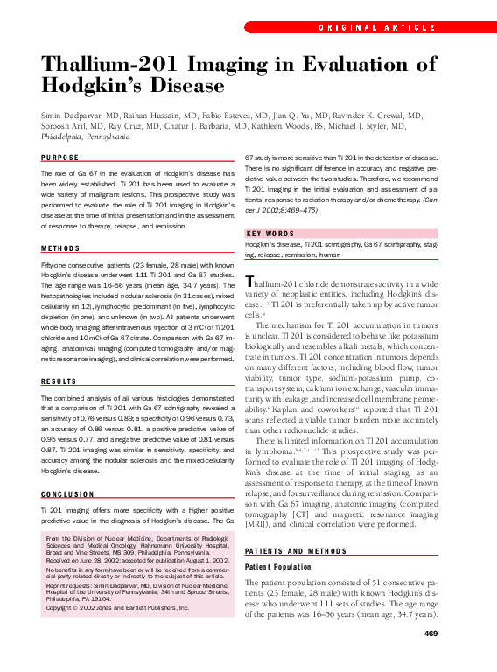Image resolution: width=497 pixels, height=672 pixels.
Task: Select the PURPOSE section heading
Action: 60,157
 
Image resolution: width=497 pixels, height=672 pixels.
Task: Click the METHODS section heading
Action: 60,248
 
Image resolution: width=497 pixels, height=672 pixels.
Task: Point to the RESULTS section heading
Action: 60,381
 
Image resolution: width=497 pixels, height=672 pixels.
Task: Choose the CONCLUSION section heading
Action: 68,493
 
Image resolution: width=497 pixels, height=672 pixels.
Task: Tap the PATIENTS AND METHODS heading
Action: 301,550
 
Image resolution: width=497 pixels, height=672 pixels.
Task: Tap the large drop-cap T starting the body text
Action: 249,282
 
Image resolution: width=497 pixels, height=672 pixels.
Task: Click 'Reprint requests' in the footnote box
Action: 68,586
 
